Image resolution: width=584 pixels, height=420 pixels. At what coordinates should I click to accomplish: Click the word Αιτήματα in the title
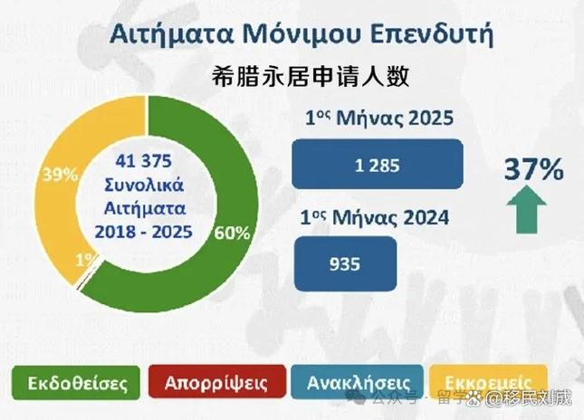156,34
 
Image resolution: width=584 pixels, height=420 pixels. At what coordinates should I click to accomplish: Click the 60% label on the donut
233,233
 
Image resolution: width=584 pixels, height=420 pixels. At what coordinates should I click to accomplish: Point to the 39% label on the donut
60,176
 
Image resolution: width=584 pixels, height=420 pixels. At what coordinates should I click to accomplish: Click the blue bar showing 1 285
378,166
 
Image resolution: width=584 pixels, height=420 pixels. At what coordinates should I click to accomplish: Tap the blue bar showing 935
344,263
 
